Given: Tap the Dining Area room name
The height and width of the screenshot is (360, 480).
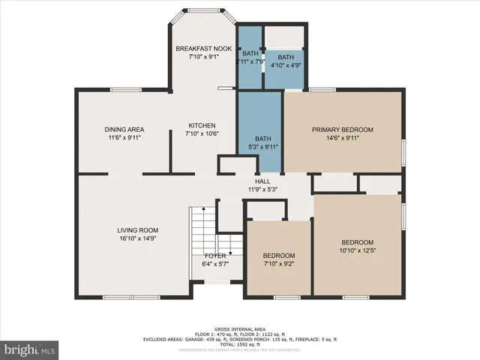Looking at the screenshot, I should click(124, 130).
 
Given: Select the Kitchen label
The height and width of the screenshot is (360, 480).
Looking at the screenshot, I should click(201, 125).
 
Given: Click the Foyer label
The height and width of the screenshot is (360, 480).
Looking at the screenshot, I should click(215, 256).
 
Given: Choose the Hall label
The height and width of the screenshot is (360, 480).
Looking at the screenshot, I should click(262, 181).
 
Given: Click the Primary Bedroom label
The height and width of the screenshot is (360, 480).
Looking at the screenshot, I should click(342, 130).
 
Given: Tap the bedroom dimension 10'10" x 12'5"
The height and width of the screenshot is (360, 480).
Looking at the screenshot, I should click(357, 250).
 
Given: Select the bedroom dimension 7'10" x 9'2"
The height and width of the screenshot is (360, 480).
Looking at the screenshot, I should click(278, 263).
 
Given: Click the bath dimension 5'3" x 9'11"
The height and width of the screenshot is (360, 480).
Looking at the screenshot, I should click(262, 147).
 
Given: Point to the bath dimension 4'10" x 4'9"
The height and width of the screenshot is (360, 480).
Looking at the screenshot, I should click(286, 65).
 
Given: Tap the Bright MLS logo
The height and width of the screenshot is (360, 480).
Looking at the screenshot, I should click(30, 349).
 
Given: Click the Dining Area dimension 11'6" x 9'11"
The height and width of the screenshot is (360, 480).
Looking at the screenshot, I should click(124, 138).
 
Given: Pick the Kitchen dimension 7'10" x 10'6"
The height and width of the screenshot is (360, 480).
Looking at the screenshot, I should click(201, 133).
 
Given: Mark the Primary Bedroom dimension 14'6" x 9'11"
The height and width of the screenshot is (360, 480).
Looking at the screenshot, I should click(342, 138).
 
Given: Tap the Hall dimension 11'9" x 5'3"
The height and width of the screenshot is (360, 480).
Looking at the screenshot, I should click(262, 189).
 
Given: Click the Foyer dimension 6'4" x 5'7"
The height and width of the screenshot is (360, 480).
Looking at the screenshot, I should click(215, 264).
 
